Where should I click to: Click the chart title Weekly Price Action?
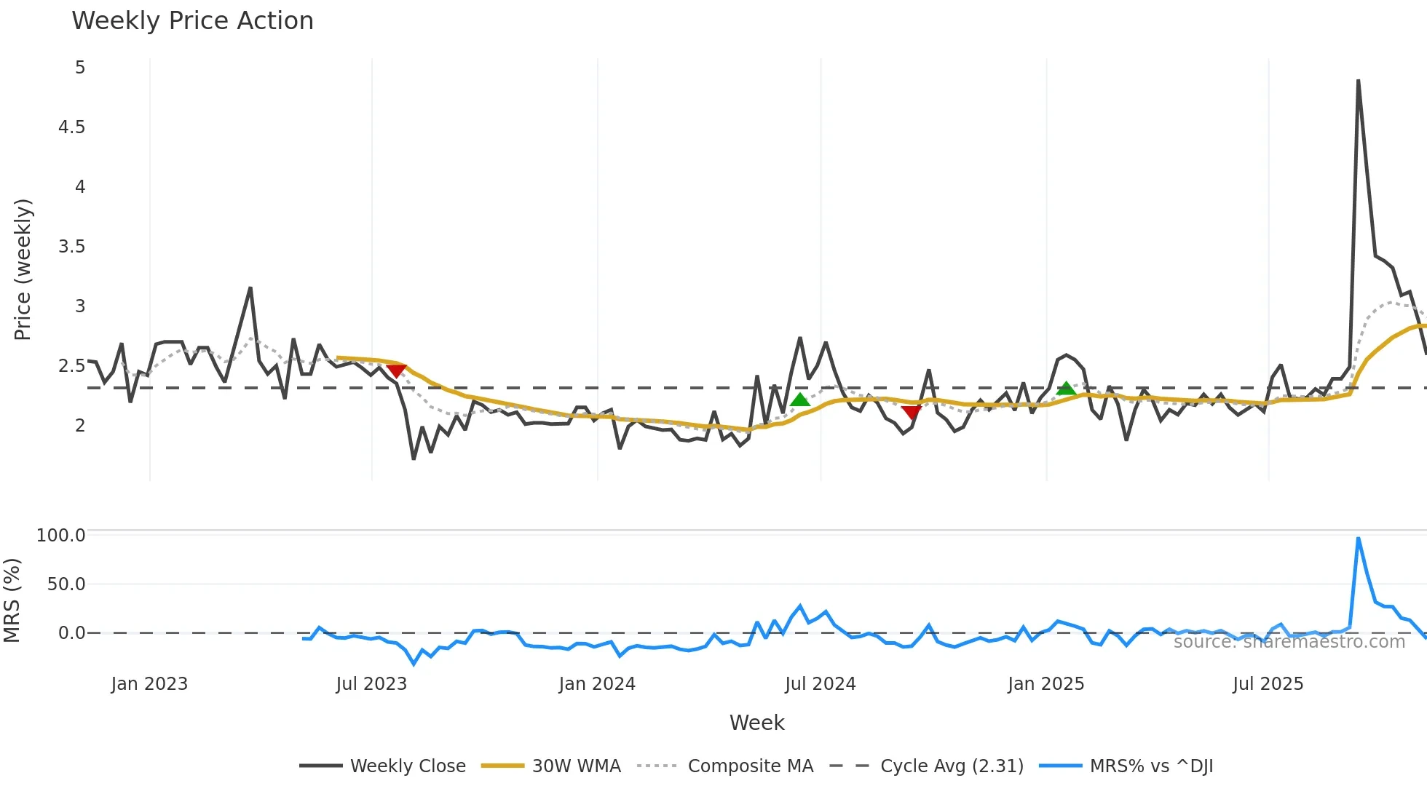(192, 21)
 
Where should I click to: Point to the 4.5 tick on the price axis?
(71, 127)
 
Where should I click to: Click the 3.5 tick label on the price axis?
(71, 247)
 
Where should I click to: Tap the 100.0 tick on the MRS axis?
(61, 536)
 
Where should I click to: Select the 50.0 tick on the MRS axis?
(66, 584)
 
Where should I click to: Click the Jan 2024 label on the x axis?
(597, 684)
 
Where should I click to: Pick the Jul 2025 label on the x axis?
(1268, 684)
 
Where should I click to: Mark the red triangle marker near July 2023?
(396, 371)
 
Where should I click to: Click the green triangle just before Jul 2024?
(800, 400)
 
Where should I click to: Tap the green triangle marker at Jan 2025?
(1067, 389)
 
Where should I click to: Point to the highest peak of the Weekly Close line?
(1359, 81)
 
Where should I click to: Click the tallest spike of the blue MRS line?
(1359, 539)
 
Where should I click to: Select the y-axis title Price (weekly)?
(23, 269)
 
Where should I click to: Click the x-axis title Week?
(756, 723)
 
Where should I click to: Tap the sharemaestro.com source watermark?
(1289, 642)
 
